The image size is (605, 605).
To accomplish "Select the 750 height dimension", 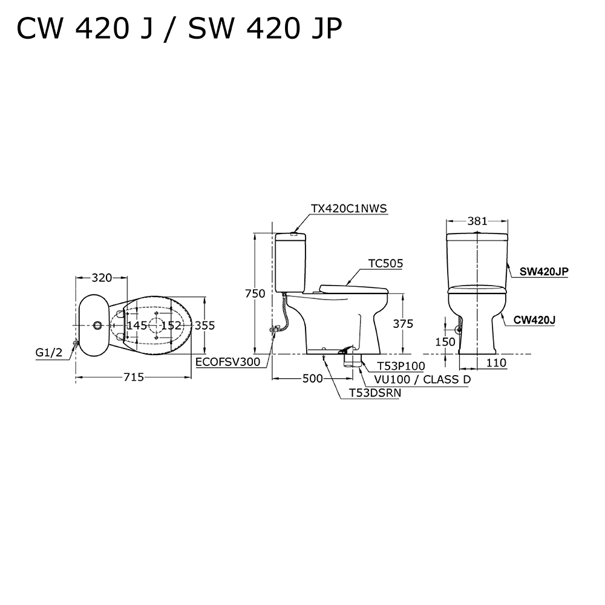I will pyautogui.click(x=255, y=293).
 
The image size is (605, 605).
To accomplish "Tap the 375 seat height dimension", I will pyautogui.click(x=402, y=324).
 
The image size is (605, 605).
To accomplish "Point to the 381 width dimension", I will pyautogui.click(x=477, y=221).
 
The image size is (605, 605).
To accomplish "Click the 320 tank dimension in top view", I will pyautogui.click(x=101, y=278).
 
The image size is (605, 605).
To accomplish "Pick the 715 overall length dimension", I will pyautogui.click(x=134, y=377).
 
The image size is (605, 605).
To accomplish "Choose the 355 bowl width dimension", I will pyautogui.click(x=204, y=325).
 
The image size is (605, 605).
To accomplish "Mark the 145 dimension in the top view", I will pyautogui.click(x=137, y=325).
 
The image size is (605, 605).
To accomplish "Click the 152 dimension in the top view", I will pyautogui.click(x=171, y=325).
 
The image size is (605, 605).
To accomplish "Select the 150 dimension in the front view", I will pyautogui.click(x=445, y=342).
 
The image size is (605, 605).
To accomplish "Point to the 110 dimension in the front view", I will pyautogui.click(x=495, y=362).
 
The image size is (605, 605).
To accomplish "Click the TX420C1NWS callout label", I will pyautogui.click(x=348, y=208).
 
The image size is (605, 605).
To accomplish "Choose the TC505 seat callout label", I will pyautogui.click(x=385, y=263).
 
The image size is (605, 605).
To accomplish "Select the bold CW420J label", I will pyautogui.click(x=534, y=319).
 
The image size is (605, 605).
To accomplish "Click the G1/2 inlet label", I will pyautogui.click(x=49, y=353).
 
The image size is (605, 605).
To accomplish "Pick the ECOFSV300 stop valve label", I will pyautogui.click(x=227, y=362).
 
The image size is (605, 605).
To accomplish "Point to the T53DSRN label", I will pyautogui.click(x=374, y=393).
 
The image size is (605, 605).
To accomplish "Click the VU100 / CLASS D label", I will pyautogui.click(x=422, y=379).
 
